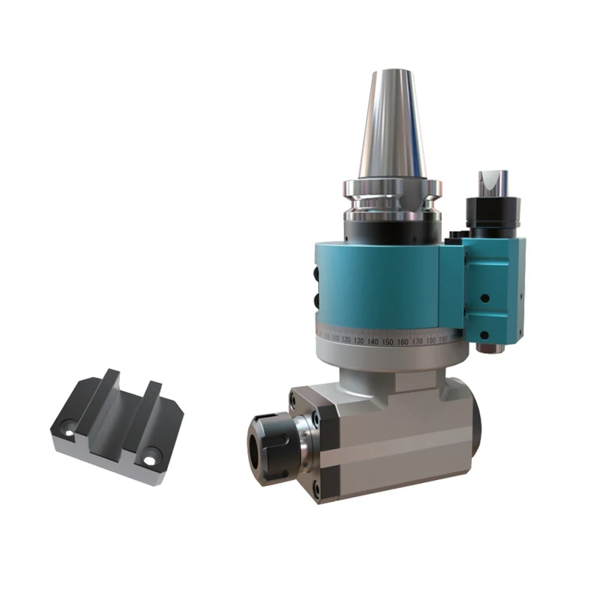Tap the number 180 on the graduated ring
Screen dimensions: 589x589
point(431,340)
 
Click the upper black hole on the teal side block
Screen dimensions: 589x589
point(484,298)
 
